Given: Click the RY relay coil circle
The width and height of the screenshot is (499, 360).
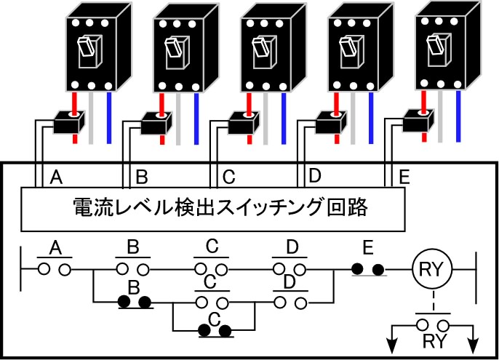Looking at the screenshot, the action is [x=432, y=269].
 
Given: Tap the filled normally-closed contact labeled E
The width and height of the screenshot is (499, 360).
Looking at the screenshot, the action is [x=369, y=270].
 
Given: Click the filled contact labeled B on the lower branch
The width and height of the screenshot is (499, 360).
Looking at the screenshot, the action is [x=135, y=302].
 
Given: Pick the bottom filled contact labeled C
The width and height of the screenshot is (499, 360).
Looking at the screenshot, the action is [x=215, y=331].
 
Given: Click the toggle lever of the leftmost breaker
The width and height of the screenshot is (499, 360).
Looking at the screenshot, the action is [x=87, y=48].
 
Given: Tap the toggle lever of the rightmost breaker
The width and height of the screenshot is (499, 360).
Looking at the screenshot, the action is [x=435, y=44].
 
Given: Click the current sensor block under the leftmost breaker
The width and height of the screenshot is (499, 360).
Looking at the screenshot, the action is [x=69, y=122].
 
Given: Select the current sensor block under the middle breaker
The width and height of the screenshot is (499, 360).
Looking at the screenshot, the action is [x=244, y=123].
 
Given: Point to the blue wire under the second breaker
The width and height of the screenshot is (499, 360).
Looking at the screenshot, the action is [x=196, y=119].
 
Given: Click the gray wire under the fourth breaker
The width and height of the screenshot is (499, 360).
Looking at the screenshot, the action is [x=353, y=118].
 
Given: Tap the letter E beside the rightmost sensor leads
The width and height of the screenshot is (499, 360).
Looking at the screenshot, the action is [x=404, y=177].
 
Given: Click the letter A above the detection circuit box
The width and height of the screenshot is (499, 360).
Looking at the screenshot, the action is [x=56, y=177].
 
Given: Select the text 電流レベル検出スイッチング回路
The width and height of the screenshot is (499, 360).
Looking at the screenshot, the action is [x=220, y=207].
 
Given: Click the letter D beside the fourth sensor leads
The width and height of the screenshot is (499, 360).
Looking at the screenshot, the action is [x=315, y=176].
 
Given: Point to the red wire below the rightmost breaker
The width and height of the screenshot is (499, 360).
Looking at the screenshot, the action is [x=424, y=116].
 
